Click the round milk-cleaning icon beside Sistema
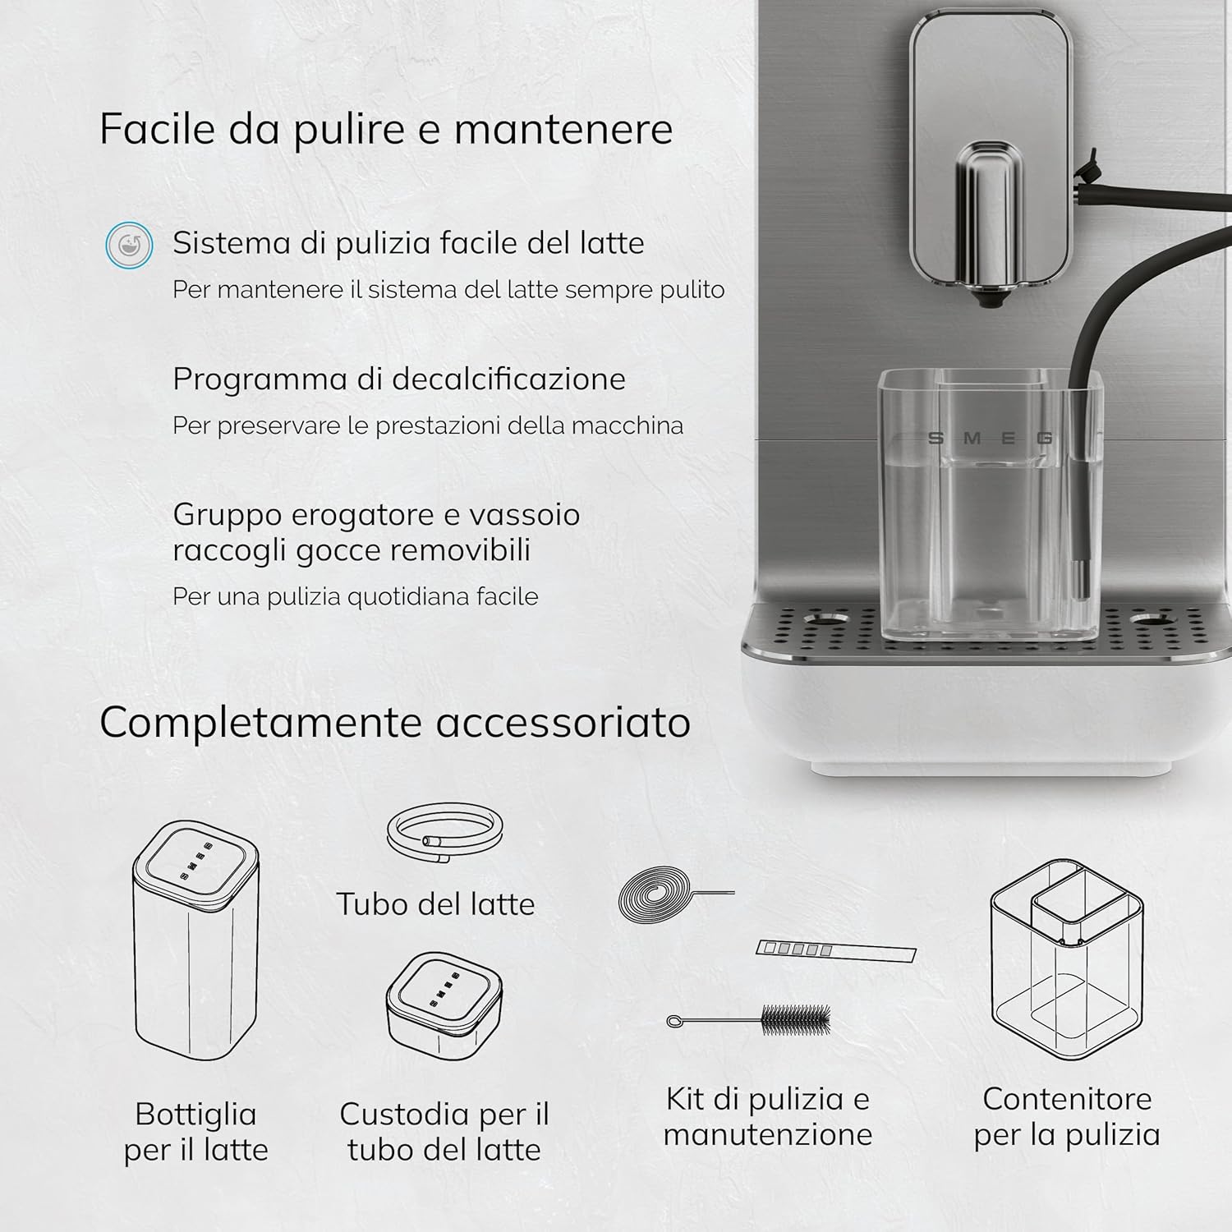129,245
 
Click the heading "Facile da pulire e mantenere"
386,129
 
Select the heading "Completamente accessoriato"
395,723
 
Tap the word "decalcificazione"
509,379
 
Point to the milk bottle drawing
195,940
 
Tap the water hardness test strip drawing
835,950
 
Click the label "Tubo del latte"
435,904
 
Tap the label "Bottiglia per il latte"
195,1132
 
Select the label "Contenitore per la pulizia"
1067,1116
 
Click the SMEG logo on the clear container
990,438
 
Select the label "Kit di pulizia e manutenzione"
768,1116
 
